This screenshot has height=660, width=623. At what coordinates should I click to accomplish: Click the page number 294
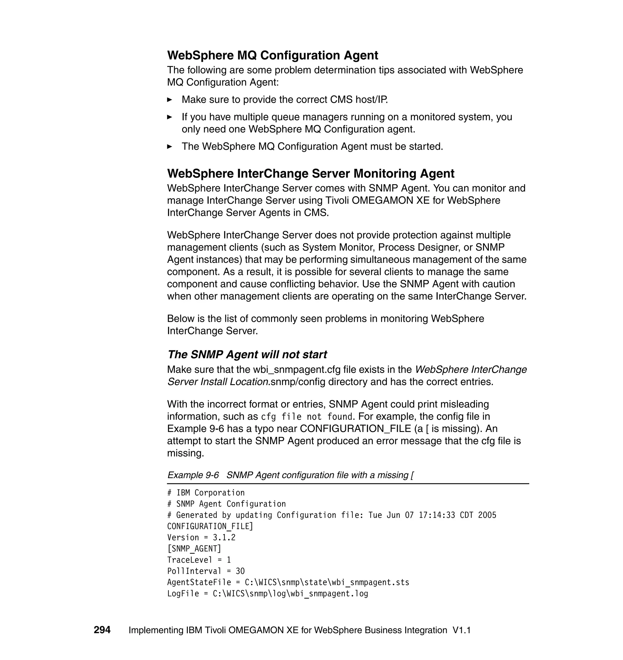(x=102, y=630)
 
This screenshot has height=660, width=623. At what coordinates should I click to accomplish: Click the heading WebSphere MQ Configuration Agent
(x=272, y=55)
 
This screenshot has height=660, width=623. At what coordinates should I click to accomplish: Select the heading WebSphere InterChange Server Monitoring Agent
(x=311, y=174)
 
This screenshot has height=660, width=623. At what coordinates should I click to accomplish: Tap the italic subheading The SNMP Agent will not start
(x=247, y=355)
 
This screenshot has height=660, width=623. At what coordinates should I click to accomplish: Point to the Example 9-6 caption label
(x=193, y=475)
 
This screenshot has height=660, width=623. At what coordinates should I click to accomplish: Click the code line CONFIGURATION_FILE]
(x=210, y=526)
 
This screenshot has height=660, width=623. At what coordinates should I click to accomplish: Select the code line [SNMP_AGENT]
(x=194, y=549)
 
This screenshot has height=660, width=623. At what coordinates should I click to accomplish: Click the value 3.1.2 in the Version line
(x=224, y=538)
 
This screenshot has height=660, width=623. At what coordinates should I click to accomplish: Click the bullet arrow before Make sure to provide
(x=169, y=100)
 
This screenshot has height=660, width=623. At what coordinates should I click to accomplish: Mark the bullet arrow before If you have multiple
(x=169, y=117)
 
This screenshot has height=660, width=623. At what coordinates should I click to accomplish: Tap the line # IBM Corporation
(x=206, y=493)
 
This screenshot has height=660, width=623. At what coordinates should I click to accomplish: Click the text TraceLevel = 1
(x=199, y=560)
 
